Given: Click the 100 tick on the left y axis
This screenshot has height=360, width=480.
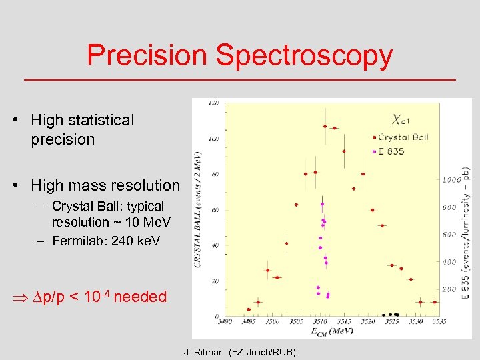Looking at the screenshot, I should (x=214, y=139).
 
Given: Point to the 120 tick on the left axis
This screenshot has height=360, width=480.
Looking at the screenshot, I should (x=214, y=103).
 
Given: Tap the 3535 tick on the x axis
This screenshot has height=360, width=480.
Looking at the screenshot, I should (x=437, y=322).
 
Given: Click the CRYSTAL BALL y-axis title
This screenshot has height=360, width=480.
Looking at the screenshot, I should (x=198, y=207).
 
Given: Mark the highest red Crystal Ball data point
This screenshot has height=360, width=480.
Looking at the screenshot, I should (x=325, y=126).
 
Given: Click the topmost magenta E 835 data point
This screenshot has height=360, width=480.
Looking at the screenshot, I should (x=322, y=203).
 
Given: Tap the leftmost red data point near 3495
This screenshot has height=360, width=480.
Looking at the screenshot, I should (x=249, y=309).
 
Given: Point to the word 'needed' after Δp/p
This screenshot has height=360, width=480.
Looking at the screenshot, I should (x=140, y=297).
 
